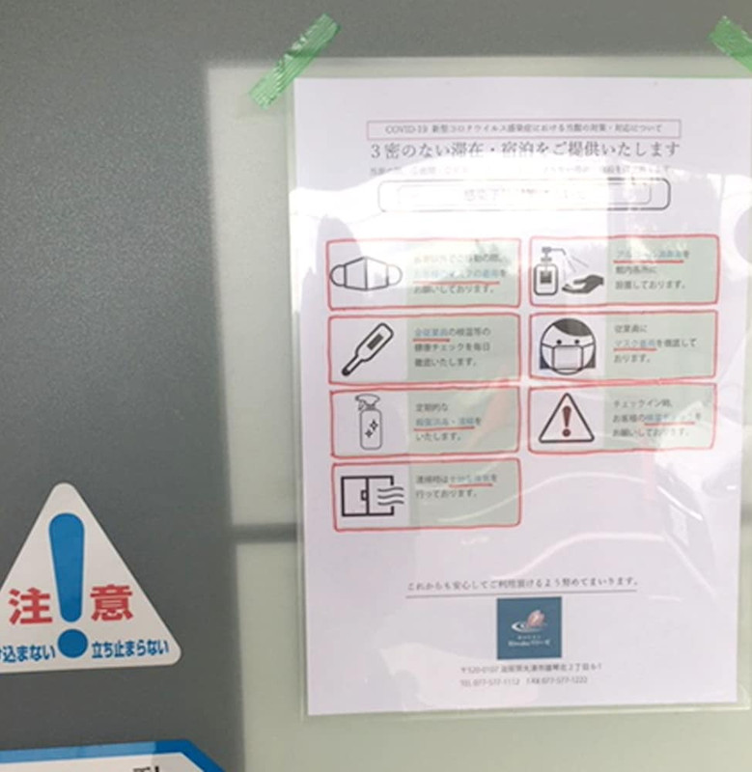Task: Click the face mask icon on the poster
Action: tap(366, 274)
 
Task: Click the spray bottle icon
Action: tap(367, 422)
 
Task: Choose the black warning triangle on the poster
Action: tap(567, 419)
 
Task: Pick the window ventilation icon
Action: tap(368, 494)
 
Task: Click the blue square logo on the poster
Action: tap(528, 627)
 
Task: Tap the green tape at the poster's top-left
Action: tap(294, 59)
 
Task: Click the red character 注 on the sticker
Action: tap(29, 605)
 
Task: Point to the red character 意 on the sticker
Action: tap(112, 603)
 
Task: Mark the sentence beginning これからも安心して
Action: tap(522, 582)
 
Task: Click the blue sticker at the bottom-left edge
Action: tap(106, 757)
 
